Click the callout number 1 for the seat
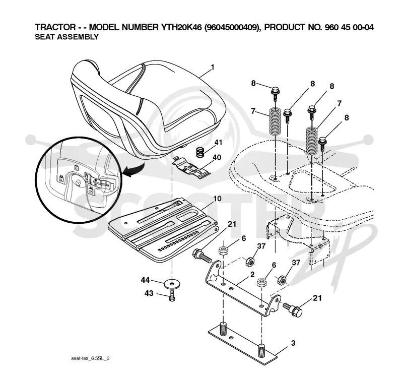coord(212,68)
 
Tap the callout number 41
coord(218,143)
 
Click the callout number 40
coord(217,157)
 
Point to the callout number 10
coord(217,199)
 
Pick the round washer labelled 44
coord(172,284)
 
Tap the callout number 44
coord(145,280)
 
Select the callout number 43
coord(149,293)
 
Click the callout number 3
coord(293,343)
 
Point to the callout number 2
coord(252,274)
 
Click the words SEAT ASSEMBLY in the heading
coord(66,37)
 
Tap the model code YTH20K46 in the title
coord(181,27)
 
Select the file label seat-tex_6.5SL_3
coord(90,358)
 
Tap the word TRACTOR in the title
coord(55,27)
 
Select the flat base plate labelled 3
coord(243,345)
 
